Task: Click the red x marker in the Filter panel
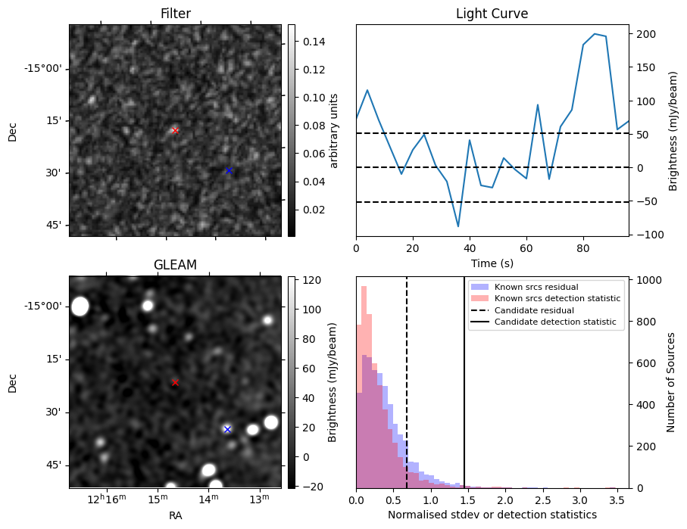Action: [175, 131]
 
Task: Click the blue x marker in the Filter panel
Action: [229, 171]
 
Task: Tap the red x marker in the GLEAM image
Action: [175, 383]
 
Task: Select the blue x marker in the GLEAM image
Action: [227, 429]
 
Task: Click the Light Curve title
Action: [492, 14]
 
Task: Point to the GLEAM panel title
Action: [175, 265]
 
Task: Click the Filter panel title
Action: [175, 14]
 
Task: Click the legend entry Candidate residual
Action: [534, 310]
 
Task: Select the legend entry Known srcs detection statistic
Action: [557, 298]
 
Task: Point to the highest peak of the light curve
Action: [595, 34]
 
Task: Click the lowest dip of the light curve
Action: [458, 226]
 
